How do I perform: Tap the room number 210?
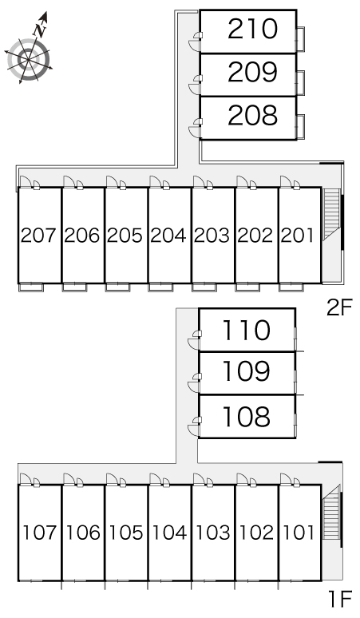(x=251, y=30)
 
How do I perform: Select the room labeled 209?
(x=251, y=73)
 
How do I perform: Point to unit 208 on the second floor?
(x=251, y=116)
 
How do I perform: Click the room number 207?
(x=39, y=236)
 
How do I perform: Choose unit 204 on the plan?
(x=168, y=236)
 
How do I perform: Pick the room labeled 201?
(x=299, y=236)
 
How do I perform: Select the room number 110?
(x=247, y=329)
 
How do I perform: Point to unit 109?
(x=247, y=372)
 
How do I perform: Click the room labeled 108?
(x=247, y=416)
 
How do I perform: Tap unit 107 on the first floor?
(x=39, y=532)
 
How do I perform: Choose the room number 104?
(x=168, y=532)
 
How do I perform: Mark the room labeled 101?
(x=299, y=532)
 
